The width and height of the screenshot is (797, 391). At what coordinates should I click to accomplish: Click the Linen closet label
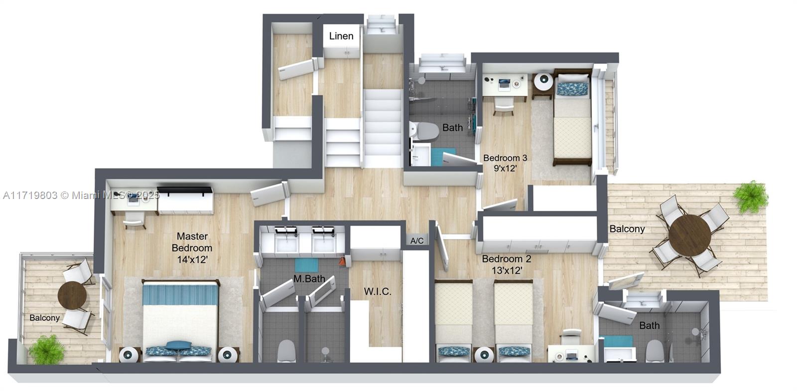341,36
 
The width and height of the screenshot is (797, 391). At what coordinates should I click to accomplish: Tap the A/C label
417,241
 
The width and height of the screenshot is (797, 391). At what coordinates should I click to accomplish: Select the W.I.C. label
377,291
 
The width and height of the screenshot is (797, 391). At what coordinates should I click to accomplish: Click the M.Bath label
309,279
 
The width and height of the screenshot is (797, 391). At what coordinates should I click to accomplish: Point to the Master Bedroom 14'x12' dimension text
192,260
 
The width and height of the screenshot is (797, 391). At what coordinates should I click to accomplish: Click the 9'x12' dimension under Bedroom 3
505,169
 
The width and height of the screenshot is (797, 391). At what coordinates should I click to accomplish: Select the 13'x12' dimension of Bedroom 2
507,271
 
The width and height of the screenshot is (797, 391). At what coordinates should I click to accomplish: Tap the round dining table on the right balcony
689,235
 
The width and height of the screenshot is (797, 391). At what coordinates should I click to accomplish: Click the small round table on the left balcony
72,295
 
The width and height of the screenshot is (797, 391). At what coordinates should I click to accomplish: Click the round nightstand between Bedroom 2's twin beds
483,355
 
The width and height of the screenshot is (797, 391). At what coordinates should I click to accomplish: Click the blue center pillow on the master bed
178,345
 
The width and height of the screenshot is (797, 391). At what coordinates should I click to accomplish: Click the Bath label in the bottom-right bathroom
649,326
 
